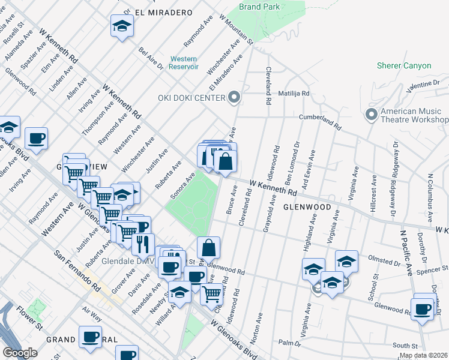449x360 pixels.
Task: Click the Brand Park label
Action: point(259,7)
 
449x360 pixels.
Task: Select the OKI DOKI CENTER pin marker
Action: point(234,97)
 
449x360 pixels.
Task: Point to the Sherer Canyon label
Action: point(403,65)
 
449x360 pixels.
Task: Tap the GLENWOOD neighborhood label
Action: point(307,206)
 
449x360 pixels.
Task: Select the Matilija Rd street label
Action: point(294,94)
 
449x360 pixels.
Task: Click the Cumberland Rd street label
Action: point(321,122)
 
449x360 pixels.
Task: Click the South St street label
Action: point(405,346)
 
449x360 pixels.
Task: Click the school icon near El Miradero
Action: point(122,26)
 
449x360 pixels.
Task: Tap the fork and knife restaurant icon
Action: point(142,244)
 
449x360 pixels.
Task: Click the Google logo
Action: point(20,352)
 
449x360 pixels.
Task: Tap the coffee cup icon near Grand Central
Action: point(91,337)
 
